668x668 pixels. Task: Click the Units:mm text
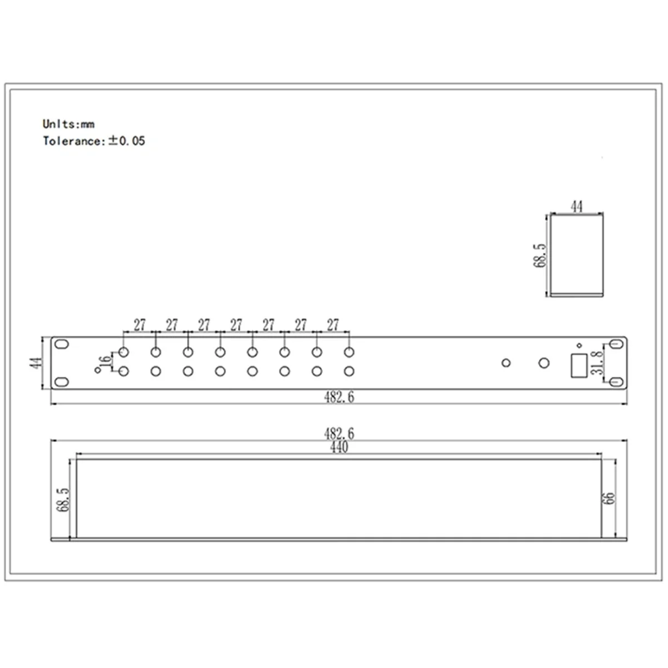tap(68, 124)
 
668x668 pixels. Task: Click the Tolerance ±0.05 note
tap(94, 141)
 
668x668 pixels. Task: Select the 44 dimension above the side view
tap(577, 207)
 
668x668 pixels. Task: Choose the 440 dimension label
tap(339, 448)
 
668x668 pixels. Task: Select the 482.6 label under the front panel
tap(339, 397)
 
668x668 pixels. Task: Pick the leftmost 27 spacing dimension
tap(139, 325)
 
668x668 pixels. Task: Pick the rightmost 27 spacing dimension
tap(333, 325)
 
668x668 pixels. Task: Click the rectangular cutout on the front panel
tap(577, 366)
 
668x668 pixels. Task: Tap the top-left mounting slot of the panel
tap(62, 345)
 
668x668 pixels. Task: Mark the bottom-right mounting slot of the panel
tap(615, 381)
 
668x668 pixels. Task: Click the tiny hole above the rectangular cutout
tap(579, 345)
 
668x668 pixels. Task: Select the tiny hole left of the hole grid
tap(98, 371)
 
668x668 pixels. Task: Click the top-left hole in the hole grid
tap(124, 352)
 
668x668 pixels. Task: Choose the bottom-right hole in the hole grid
tap(349, 371)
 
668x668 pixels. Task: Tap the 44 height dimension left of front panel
tap(36, 363)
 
